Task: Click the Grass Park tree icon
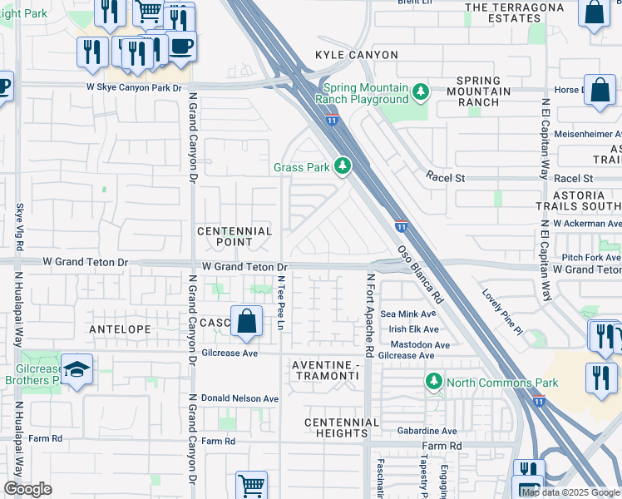click(342, 167)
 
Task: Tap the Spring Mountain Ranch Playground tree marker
click(421, 91)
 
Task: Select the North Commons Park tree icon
click(433, 382)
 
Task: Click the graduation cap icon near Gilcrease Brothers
click(77, 370)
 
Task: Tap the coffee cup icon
click(181, 47)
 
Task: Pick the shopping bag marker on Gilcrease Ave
click(247, 322)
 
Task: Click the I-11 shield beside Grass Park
click(332, 120)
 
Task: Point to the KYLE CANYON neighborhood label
click(356, 55)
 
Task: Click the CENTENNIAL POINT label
click(234, 237)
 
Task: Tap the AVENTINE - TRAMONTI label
click(325, 371)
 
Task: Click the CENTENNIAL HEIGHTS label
click(342, 427)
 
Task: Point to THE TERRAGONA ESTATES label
click(514, 12)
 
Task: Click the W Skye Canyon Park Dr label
click(134, 87)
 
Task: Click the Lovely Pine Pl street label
click(504, 312)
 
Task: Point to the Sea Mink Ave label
click(407, 314)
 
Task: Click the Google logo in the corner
click(27, 489)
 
